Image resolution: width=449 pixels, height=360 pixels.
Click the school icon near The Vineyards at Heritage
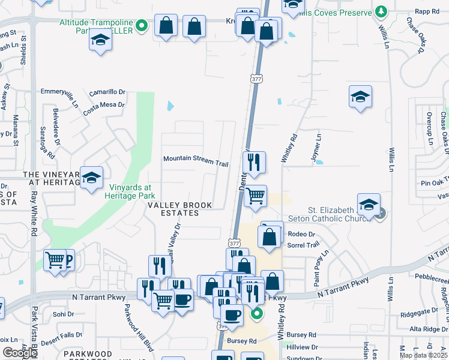[91, 178]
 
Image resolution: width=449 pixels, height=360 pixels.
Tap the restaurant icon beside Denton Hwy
[254, 161]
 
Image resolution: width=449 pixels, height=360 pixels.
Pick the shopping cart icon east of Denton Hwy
[256, 195]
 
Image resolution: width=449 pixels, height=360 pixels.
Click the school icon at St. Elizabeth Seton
[369, 205]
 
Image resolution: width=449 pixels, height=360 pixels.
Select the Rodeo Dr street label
[301, 234]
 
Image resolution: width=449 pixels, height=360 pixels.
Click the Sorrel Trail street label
[304, 245]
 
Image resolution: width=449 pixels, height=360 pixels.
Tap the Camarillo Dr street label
[107, 92]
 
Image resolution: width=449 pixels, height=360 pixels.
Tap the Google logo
[20, 353]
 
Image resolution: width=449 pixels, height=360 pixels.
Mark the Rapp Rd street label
[427, 11]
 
